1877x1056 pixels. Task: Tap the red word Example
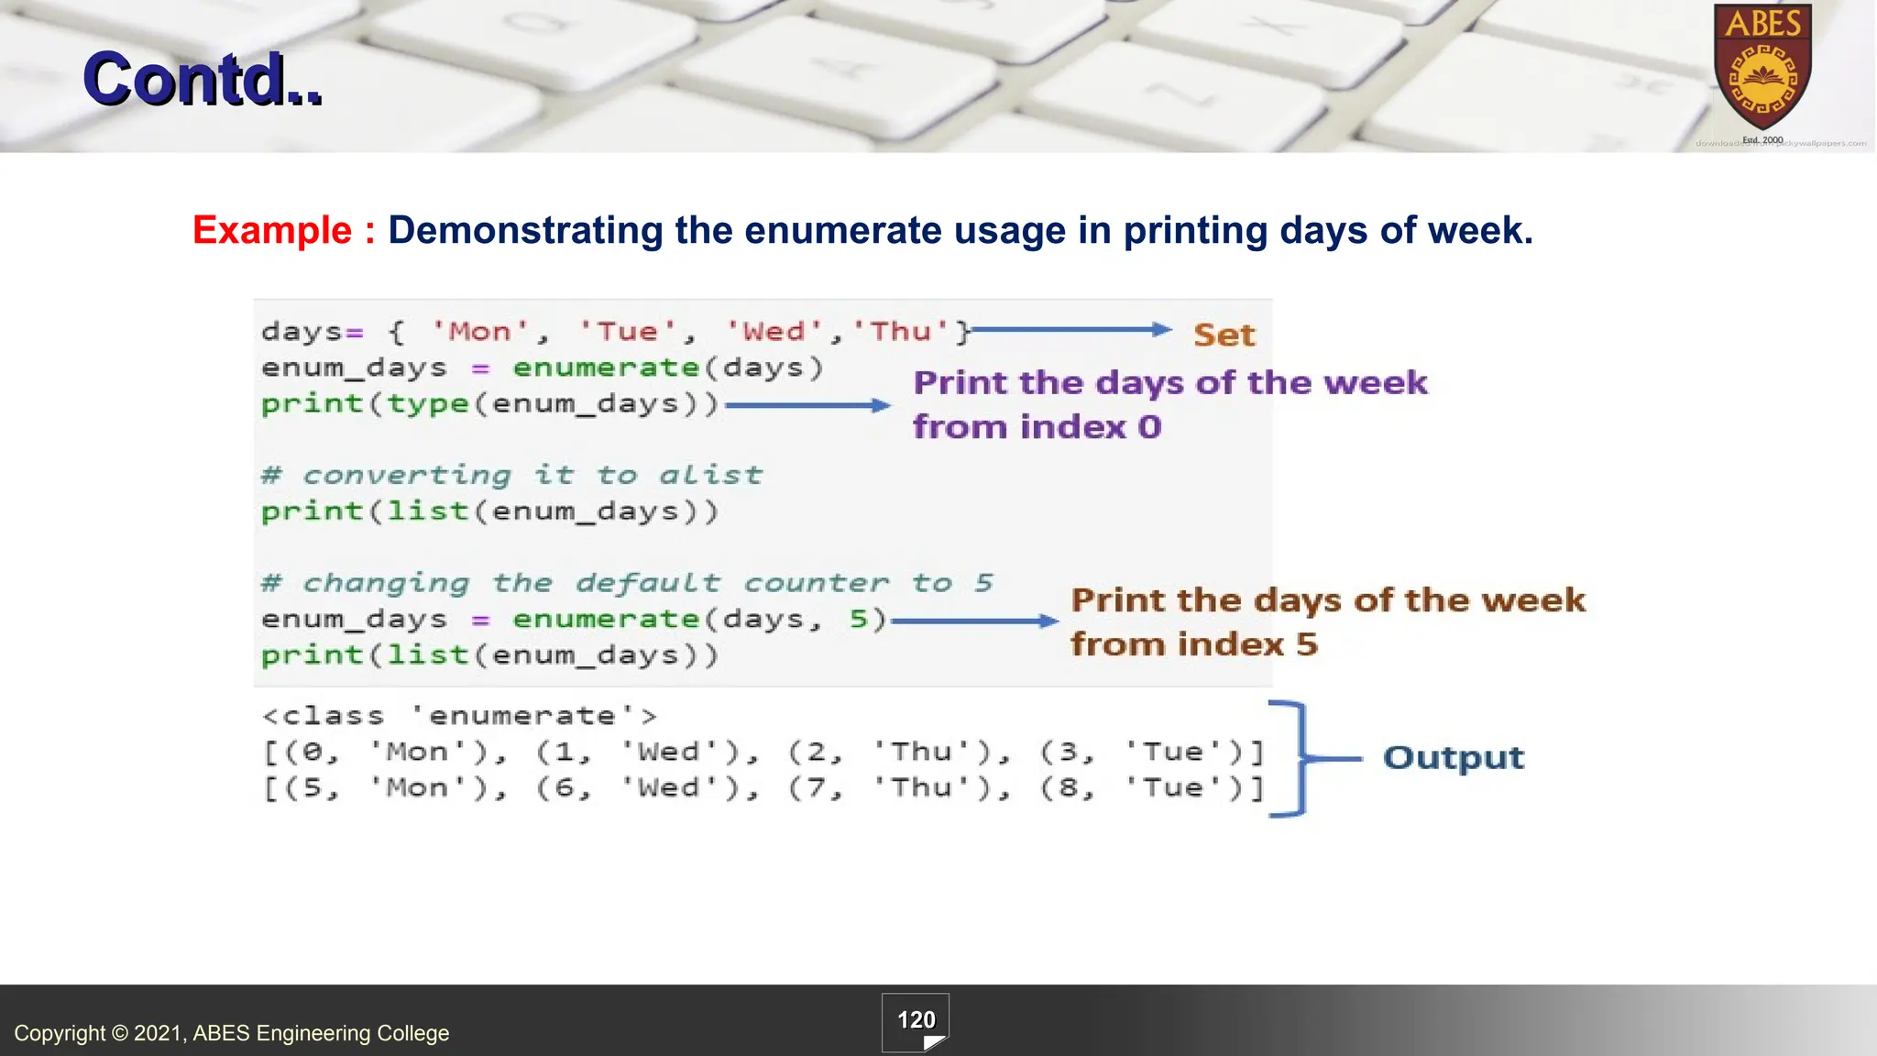click(x=272, y=230)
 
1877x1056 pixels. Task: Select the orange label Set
click(x=1224, y=335)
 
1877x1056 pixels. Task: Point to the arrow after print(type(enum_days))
click(x=807, y=405)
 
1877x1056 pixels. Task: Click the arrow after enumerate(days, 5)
click(x=974, y=621)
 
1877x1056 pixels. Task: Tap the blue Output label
click(x=1454, y=758)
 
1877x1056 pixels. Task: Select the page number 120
click(x=916, y=1020)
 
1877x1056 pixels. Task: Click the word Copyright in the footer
click(x=60, y=1033)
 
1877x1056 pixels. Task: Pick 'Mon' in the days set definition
click(x=479, y=331)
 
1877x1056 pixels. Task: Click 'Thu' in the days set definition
click(x=901, y=331)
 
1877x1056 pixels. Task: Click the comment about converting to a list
click(x=511, y=475)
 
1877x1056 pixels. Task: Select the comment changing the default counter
click(x=627, y=583)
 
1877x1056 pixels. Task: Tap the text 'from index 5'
click(x=1194, y=644)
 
